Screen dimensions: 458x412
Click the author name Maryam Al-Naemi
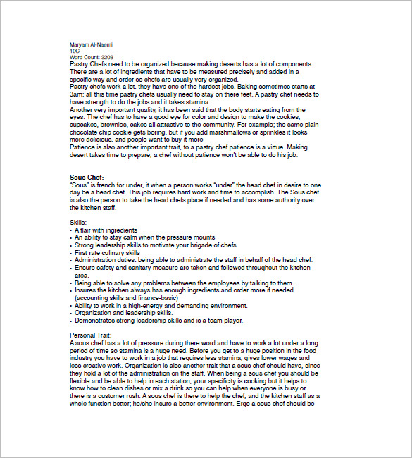pyautogui.click(x=92, y=45)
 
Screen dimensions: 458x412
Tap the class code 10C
pyautogui.click(x=75, y=51)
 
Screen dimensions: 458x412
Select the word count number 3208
pyautogui.click(x=106, y=58)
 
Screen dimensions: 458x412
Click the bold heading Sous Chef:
pyautogui.click(x=87, y=177)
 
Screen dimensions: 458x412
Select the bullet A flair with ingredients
pyautogui.click(x=106, y=230)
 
